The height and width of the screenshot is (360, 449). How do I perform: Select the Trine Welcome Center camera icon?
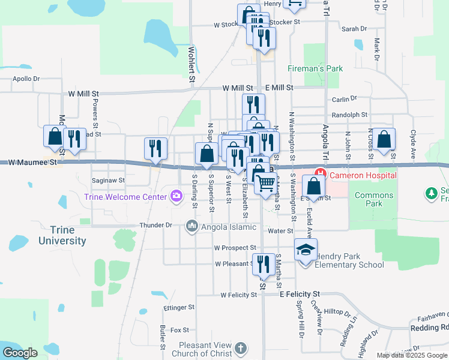click(x=176, y=195)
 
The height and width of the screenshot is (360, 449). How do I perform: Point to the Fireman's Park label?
click(x=315, y=68)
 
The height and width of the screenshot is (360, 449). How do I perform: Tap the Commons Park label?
click(x=373, y=199)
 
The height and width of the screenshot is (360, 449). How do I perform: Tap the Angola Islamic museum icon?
click(x=192, y=226)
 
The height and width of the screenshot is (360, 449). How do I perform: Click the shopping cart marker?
click(x=265, y=182)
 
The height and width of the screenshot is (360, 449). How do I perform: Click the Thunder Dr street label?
click(x=156, y=226)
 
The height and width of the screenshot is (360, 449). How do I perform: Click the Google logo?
click(x=20, y=353)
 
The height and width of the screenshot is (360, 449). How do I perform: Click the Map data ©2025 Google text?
click(x=412, y=355)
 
